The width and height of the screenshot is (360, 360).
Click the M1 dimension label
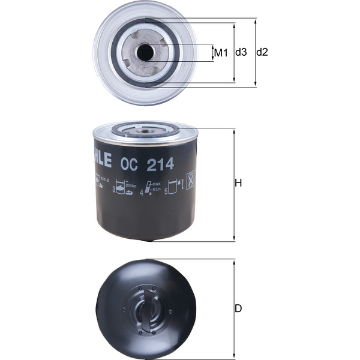[x=221, y=53]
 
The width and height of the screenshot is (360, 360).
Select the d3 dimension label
[x=241, y=52]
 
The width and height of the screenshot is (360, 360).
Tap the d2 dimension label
[x=262, y=52]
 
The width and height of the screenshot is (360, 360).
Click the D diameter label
[x=238, y=309]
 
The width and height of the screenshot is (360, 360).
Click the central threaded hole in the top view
[x=145, y=53]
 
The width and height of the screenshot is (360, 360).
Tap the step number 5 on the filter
[x=166, y=193]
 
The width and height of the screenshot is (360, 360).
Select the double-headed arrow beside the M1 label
[x=214, y=53]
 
